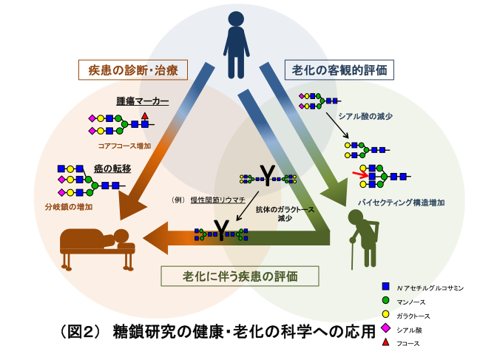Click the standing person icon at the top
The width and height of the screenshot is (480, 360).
pyautogui.click(x=236, y=42)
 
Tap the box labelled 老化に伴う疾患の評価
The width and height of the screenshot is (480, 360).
pyautogui.click(x=240, y=276)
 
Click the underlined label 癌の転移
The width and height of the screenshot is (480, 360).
pyautogui.click(x=112, y=169)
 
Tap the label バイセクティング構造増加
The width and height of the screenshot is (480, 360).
pyautogui.click(x=390, y=201)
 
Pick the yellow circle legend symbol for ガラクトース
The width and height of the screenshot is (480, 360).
pyautogui.click(x=385, y=315)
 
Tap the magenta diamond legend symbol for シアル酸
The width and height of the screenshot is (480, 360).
pyautogui.click(x=385, y=329)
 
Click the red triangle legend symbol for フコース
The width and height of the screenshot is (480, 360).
pyautogui.click(x=385, y=342)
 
